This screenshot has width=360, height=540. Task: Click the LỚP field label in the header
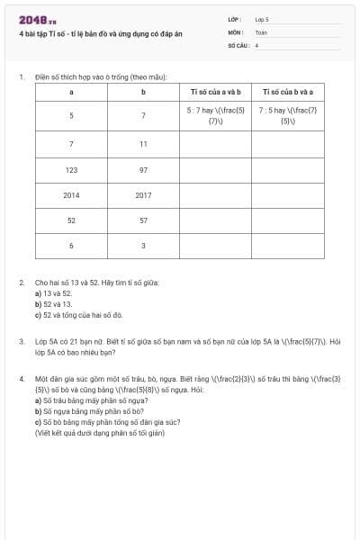coord(235,18)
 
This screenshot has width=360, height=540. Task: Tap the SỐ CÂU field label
coord(237,44)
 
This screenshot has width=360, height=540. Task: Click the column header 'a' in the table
coord(71,92)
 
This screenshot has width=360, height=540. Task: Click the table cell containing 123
coord(71,169)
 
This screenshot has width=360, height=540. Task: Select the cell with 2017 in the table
coord(143,194)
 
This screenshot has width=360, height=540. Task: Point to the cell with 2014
coord(71,194)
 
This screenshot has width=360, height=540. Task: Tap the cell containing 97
coord(143,169)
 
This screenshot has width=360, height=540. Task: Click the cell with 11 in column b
coord(143,144)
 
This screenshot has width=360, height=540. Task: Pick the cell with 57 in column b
coord(143,220)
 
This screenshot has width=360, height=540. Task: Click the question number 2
coord(22,283)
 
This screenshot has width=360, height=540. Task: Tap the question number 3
coord(22,342)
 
